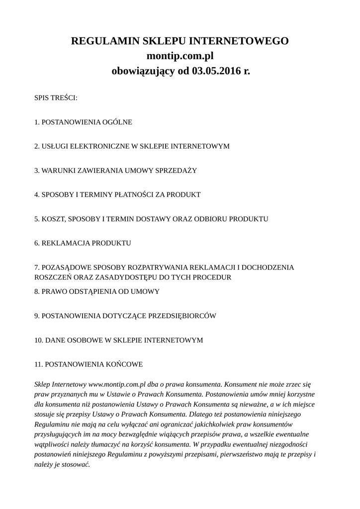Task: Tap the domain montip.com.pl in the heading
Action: [180, 56]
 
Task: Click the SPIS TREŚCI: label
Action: [56, 98]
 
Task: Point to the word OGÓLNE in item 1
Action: [117, 122]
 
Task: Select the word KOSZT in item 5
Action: [52, 219]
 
